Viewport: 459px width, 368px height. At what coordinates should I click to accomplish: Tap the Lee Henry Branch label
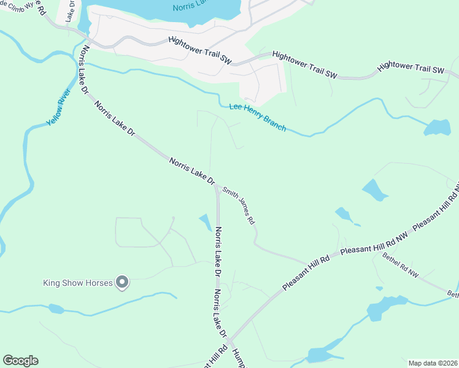pos(258,116)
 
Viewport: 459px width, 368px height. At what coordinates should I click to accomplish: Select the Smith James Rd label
pos(239,206)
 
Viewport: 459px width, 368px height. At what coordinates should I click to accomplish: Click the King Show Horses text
pos(78,283)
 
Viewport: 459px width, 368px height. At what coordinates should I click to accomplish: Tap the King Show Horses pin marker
pos(123,282)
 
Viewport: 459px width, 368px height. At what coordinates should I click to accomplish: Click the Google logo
pos(20,361)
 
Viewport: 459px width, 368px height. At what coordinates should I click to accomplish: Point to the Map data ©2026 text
pos(433,363)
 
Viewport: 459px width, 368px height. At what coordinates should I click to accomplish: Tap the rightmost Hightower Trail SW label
pos(411,67)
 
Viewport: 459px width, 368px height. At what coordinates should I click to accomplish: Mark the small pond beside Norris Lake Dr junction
pos(205,222)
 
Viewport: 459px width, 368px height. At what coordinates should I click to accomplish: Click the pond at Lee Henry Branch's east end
pos(438,128)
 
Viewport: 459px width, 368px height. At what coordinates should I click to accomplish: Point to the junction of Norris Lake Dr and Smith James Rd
pos(217,186)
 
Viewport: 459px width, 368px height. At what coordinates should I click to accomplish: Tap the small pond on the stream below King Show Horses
pos(55,309)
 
